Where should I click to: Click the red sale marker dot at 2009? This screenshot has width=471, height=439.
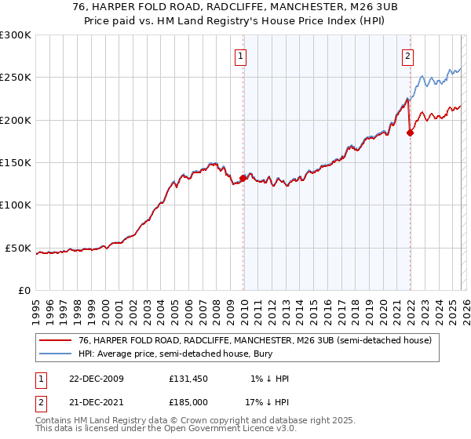(243, 178)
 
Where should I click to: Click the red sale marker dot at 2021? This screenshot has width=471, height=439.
(410, 132)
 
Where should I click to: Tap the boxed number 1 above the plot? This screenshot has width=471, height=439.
(239, 56)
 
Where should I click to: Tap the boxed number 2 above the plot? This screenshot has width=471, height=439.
(408, 56)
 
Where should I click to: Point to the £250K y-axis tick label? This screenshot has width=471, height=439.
(15, 78)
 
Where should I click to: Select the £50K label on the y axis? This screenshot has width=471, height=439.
(18, 249)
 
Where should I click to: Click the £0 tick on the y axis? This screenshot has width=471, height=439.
(24, 291)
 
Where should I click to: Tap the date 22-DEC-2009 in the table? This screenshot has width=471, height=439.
(96, 379)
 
